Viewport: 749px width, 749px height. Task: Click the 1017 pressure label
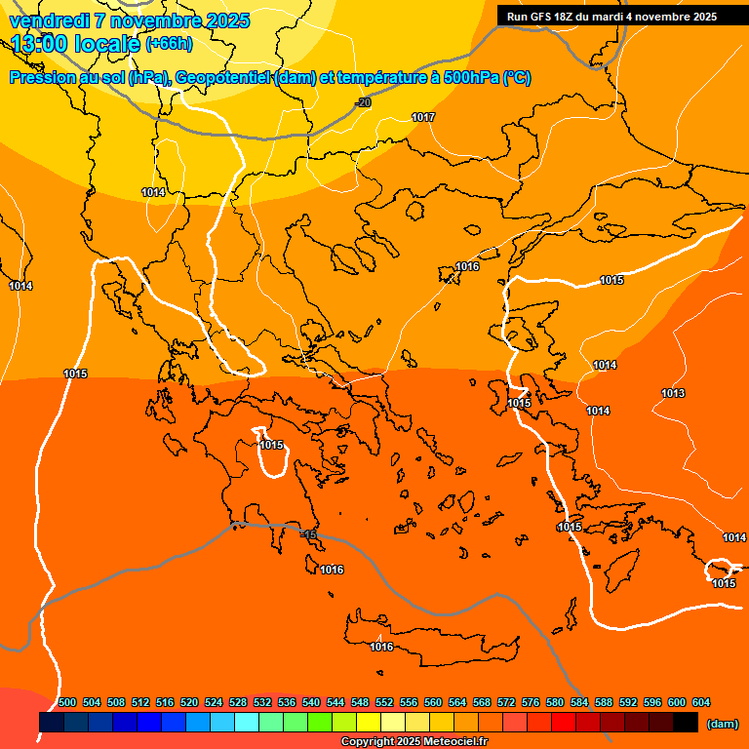[x=423, y=117]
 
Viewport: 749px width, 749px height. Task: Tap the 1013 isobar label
[x=673, y=393]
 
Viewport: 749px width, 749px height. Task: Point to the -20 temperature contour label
[x=362, y=102]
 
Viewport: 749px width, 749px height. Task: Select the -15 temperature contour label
[x=308, y=534]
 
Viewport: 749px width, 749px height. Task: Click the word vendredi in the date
[x=50, y=20]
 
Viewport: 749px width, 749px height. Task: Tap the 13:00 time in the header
[x=41, y=43]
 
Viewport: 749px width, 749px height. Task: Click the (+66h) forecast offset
[x=169, y=43]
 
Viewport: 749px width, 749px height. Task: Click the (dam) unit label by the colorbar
[x=722, y=724]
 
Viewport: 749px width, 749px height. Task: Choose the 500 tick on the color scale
[x=67, y=702]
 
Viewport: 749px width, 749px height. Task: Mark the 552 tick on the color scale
[x=384, y=702]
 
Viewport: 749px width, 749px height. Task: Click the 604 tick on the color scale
[x=701, y=702]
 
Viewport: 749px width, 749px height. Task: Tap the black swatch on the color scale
[x=686, y=722]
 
